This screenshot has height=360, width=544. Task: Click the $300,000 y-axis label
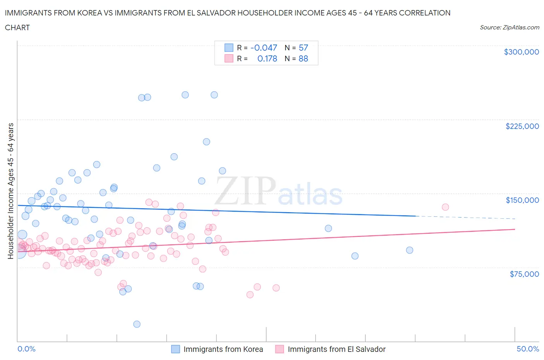tap(521, 52)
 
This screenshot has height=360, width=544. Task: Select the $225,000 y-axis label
tap(522, 126)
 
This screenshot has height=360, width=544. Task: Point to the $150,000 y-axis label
tap(522, 200)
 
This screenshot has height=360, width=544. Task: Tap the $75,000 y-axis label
tap(524, 274)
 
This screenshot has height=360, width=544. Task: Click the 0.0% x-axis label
tap(26, 349)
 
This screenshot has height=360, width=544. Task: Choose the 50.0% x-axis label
tap(528, 349)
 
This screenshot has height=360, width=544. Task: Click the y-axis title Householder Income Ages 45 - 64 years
tap(10, 191)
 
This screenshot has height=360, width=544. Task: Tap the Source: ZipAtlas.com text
tap(509, 27)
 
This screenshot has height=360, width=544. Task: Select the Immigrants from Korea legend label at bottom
tap(223, 349)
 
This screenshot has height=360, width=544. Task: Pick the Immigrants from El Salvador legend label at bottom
tap(336, 349)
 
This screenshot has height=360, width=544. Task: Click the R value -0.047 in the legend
tap(264, 48)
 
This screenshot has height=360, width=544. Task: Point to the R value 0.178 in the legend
tap(267, 58)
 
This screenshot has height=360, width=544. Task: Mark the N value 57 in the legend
tap(303, 48)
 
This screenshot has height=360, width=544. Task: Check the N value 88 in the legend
tap(303, 58)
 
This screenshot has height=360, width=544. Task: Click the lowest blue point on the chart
tap(137, 324)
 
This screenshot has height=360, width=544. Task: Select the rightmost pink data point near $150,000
tap(445, 207)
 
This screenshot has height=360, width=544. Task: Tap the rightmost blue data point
tap(409, 250)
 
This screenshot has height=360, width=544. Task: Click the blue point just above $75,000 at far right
tap(355, 256)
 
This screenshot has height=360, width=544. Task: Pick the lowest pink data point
tap(250, 295)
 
